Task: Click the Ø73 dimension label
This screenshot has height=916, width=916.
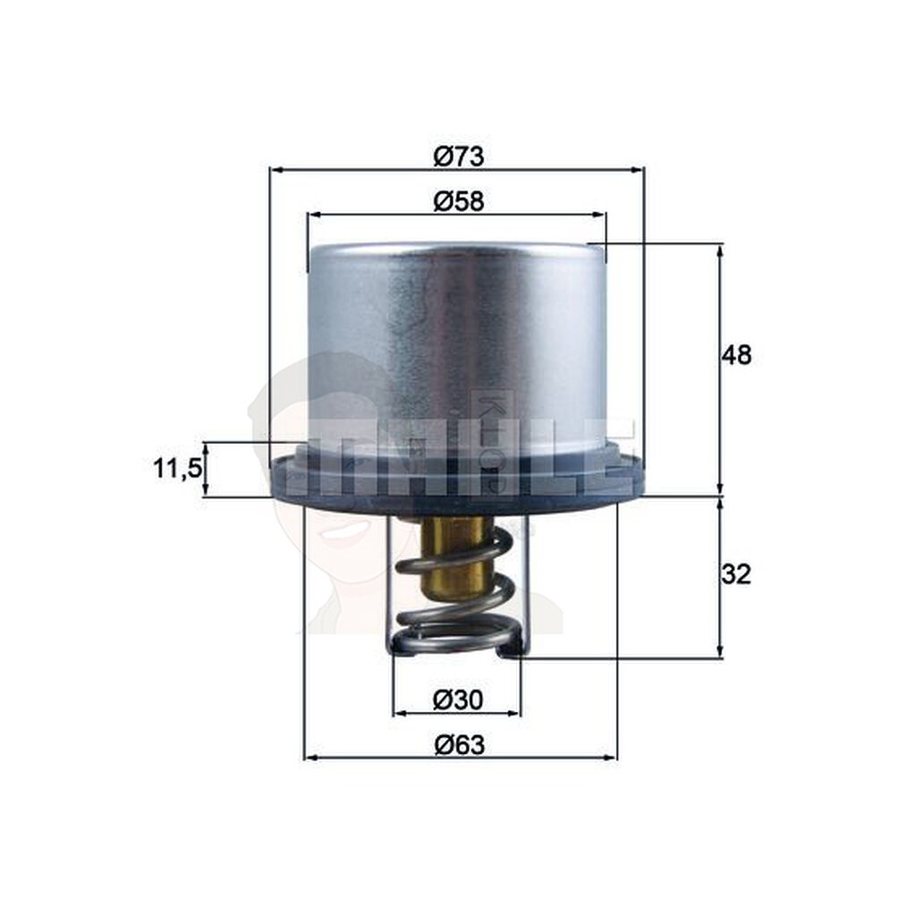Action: pos(458,157)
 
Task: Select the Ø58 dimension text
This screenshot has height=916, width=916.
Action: pos(458,202)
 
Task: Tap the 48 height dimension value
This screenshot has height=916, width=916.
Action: pos(737,355)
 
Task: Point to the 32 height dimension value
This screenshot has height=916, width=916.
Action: pos(736,574)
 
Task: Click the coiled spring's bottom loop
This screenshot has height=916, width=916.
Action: pos(456,639)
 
